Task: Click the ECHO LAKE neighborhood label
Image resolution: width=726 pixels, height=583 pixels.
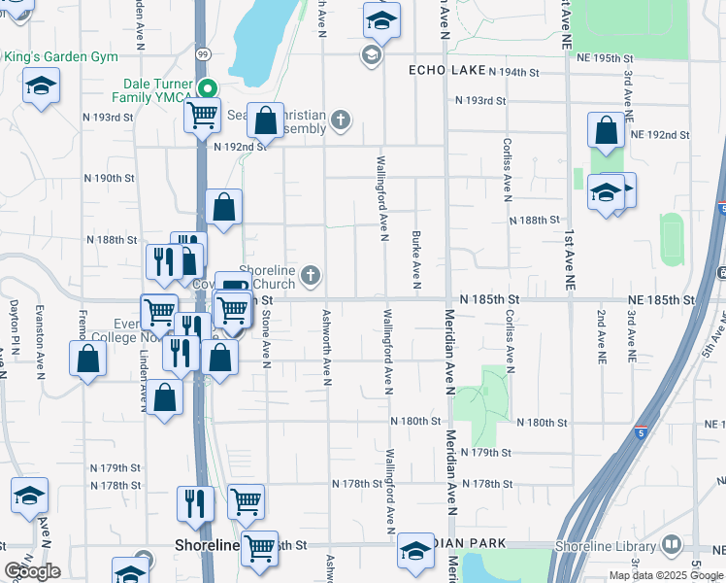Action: tap(445, 70)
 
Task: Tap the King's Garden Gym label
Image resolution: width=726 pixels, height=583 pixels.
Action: tap(60, 57)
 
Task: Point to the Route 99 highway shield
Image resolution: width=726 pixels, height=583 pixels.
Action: tap(201, 55)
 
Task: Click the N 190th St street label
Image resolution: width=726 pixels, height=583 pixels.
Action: tap(109, 179)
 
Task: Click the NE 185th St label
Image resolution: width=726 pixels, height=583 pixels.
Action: tap(661, 301)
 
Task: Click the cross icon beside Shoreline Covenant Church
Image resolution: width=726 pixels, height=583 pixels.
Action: tap(311, 277)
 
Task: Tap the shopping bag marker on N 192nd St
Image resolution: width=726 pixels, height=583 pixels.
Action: tap(265, 121)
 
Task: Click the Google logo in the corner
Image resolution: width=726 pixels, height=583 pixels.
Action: tap(32, 571)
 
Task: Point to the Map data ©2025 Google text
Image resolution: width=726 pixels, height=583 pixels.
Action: tap(667, 574)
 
